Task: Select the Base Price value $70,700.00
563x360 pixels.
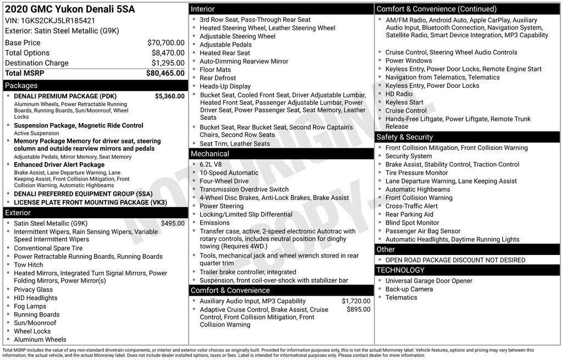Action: [166, 43]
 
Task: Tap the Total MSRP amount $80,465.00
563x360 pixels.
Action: [165, 73]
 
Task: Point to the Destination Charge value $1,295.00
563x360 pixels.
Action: [168, 63]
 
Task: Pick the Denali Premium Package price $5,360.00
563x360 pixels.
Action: [169, 96]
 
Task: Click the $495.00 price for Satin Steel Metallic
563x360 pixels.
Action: [173, 224]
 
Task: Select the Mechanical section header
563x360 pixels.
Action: [210, 154]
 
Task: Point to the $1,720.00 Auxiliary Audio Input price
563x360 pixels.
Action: [356, 301]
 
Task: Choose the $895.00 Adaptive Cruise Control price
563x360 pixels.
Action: [358, 309]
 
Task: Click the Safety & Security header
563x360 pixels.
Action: [404, 137]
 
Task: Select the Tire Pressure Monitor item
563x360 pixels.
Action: [417, 173]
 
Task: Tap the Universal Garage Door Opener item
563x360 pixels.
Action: [429, 281]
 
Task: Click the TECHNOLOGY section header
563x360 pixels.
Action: [400, 270]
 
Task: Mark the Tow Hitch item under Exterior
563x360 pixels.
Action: [28, 265]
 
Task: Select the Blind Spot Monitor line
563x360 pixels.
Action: [412, 223]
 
